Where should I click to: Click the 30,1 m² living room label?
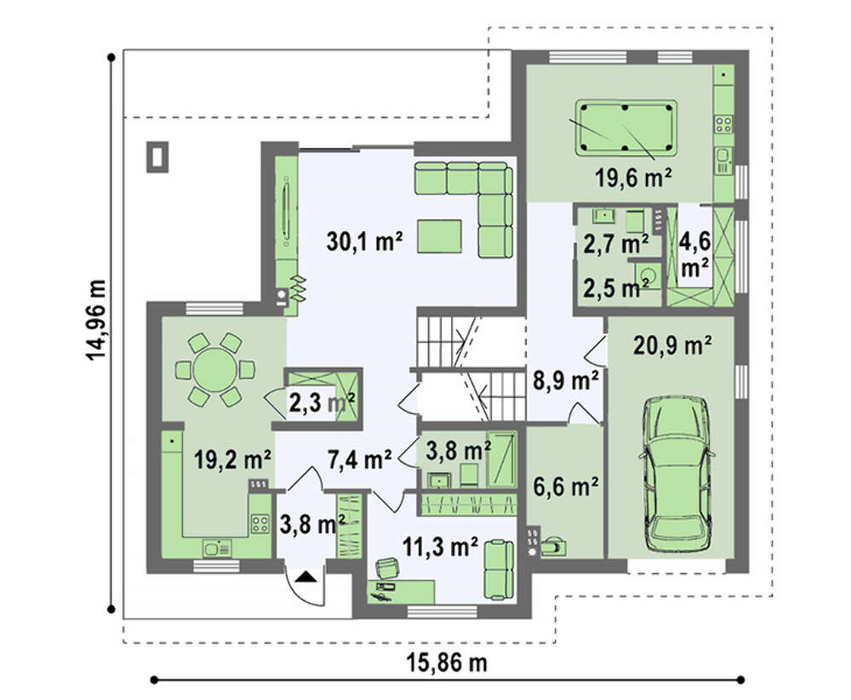click(364, 241)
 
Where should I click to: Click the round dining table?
click(215, 370)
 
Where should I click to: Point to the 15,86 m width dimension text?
click(447, 663)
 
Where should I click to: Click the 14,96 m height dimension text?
click(96, 319)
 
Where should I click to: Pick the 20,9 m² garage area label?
click(672, 345)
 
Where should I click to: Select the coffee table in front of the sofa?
click(440, 236)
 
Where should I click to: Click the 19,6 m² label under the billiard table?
click(634, 177)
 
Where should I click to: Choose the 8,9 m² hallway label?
click(566, 381)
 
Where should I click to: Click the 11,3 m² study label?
click(440, 547)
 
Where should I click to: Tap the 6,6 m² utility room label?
click(566, 486)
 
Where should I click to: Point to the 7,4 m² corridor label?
click(359, 459)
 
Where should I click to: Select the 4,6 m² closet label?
click(694, 254)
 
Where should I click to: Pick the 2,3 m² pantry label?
click(322, 403)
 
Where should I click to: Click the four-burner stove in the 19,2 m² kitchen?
click(260, 523)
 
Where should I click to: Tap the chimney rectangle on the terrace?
click(157, 157)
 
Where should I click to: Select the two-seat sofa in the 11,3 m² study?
click(498, 570)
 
